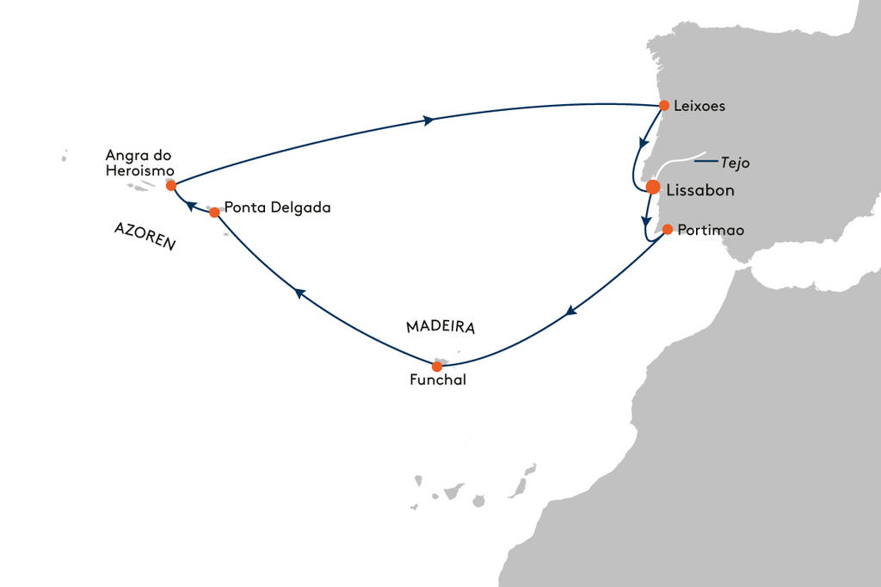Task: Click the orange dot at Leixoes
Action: pos(663,106)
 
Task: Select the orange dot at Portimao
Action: pos(667,230)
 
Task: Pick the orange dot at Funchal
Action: pos(437,367)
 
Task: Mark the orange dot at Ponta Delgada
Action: pos(214,212)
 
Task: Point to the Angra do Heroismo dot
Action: pos(171,185)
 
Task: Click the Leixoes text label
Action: pos(700,107)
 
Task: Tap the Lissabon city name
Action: pos(700,190)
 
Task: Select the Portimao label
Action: pos(710,231)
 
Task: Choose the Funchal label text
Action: pos(438,381)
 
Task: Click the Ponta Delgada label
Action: pos(277,207)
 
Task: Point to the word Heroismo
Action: pos(139,170)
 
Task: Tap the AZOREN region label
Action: pos(144,233)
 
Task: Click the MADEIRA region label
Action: pos(440,328)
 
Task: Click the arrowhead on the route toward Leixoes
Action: pos(429,120)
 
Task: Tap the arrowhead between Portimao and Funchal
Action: pos(570,312)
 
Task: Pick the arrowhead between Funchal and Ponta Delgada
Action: pos(299,293)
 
